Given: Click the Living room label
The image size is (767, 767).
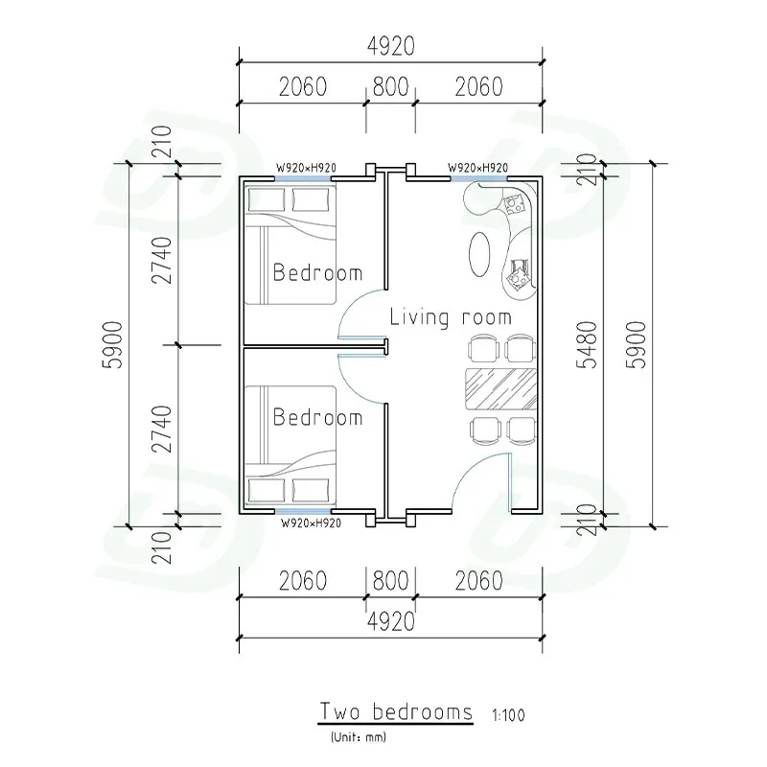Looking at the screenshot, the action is (451, 317).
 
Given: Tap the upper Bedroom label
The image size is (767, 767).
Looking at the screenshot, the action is (317, 272).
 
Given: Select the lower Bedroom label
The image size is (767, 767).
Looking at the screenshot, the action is (317, 417).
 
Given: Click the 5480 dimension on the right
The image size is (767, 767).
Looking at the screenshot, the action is (587, 345).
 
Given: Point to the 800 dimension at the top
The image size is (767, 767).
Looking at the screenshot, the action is (390, 87).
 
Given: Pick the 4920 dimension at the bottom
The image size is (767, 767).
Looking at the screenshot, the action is (391, 621).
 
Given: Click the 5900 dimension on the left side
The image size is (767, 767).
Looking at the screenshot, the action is (112, 345).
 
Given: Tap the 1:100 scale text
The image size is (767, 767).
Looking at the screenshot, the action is (508, 715).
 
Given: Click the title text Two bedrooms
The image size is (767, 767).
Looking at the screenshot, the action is (396, 711).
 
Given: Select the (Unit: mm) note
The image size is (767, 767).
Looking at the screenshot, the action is (359, 736).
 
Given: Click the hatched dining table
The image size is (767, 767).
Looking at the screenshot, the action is (500, 389).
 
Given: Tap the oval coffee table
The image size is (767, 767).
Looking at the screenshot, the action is (479, 254).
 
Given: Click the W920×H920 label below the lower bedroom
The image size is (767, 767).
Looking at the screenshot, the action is (311, 523).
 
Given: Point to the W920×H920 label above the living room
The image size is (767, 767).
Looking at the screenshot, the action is (477, 168).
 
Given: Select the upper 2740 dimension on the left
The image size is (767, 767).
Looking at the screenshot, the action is (162, 260).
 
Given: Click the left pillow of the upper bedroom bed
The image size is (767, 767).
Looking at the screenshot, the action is (267, 199).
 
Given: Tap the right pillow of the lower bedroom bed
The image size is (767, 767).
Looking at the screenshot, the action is (311, 490).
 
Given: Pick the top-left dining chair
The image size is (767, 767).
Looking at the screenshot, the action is (484, 349).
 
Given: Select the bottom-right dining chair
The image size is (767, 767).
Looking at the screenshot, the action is (522, 430).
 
